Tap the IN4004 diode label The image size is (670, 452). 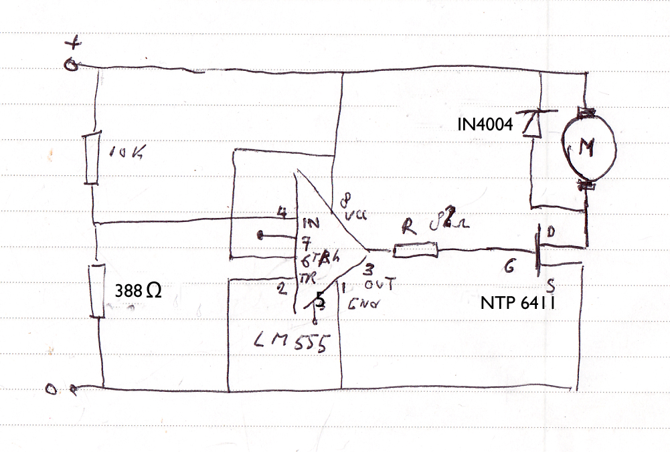coord(484,124)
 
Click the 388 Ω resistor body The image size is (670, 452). coord(98,291)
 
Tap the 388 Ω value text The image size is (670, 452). coord(137,291)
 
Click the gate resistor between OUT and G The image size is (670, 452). coord(416,251)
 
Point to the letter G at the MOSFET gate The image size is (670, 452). coord(509,268)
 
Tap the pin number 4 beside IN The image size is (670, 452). coord(283,214)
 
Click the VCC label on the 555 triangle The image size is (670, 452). coord(353,217)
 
